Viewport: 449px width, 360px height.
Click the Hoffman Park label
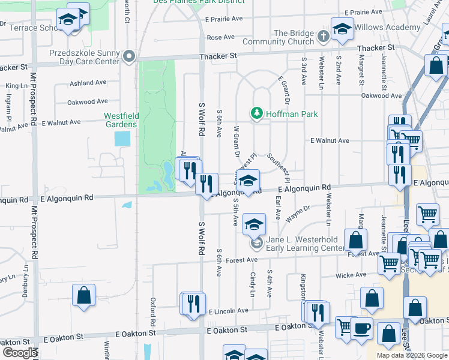tap(292, 113)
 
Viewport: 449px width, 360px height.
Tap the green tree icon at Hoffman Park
tap(257, 113)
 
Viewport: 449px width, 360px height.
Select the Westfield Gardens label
tap(120, 120)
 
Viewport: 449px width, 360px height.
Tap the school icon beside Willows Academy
tap(342, 29)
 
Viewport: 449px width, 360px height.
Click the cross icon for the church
tap(323, 37)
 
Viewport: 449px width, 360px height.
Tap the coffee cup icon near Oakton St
tap(361, 328)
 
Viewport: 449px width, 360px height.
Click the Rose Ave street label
tap(220, 37)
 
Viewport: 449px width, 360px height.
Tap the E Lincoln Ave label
tap(228, 311)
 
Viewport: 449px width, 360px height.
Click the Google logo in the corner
tap(19, 353)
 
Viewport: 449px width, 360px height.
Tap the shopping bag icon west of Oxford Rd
tap(83, 295)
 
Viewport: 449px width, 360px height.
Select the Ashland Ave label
tap(88, 83)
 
